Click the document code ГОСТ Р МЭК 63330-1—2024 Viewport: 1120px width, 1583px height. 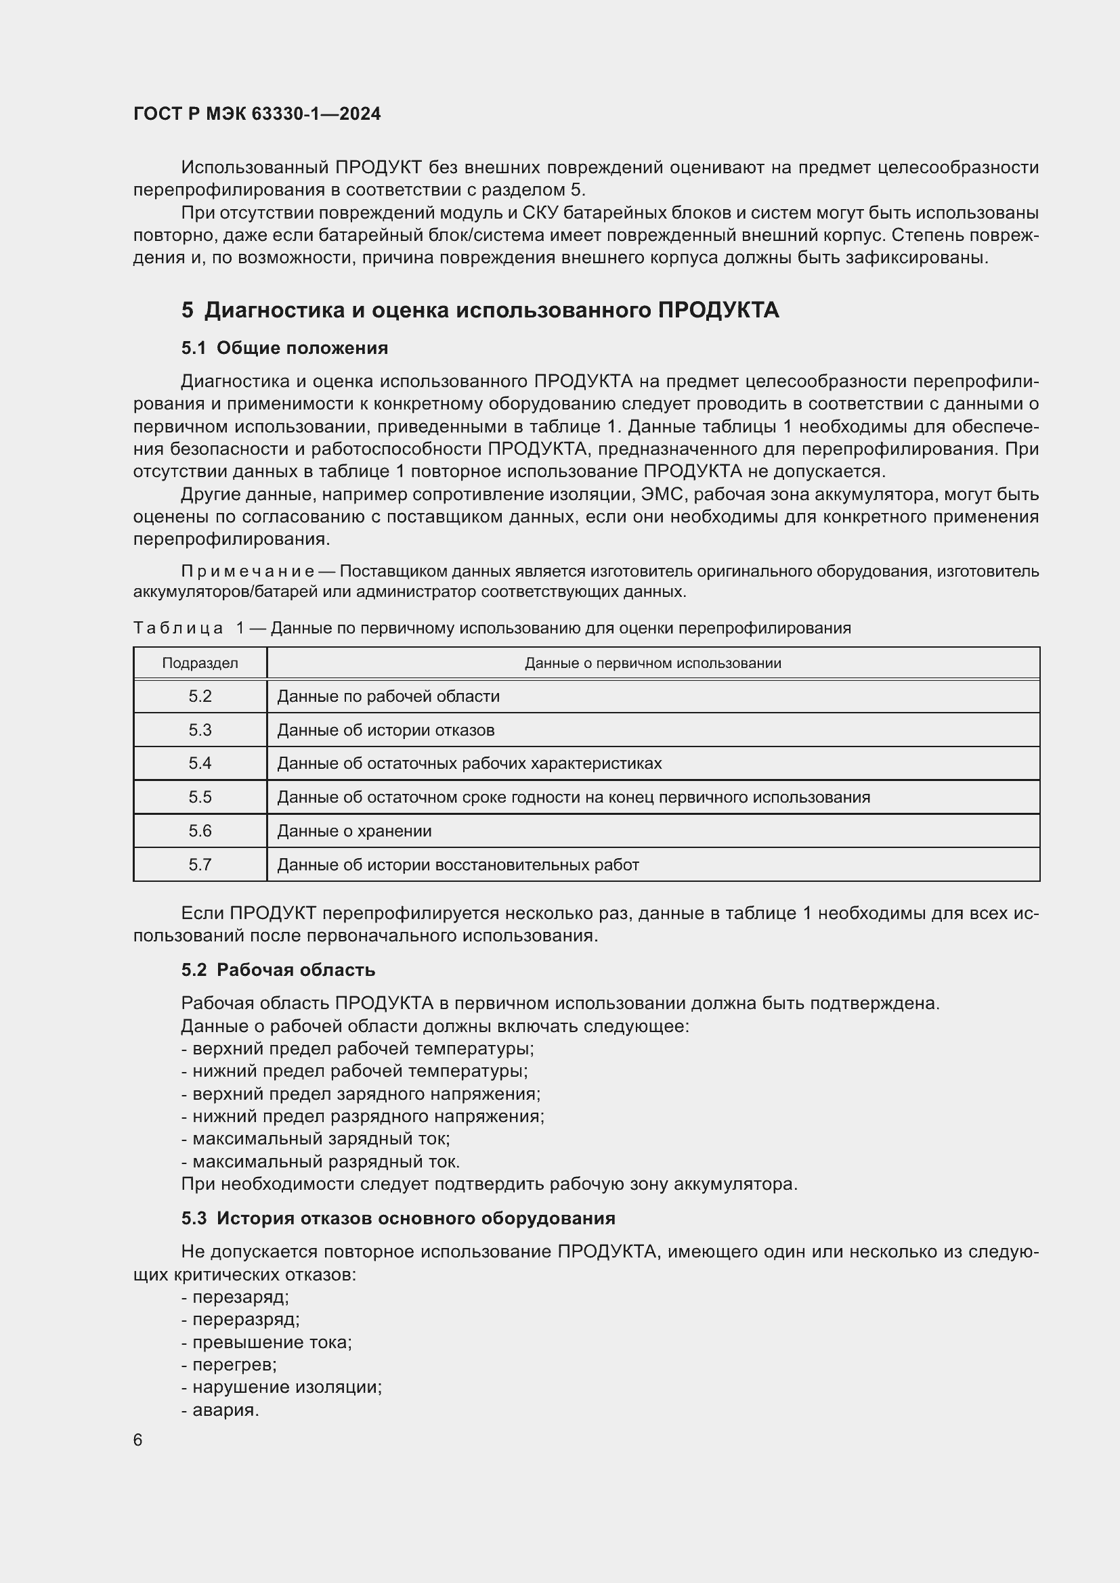pos(257,114)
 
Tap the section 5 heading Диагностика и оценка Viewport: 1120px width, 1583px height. pos(480,310)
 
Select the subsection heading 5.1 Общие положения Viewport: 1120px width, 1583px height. pos(284,348)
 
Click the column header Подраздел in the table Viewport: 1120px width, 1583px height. pos(200,663)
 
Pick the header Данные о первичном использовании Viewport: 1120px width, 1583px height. pos(652,663)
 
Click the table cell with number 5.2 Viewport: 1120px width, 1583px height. pos(200,696)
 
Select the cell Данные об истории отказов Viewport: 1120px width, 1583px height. pos(385,730)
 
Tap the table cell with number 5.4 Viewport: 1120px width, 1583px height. pos(200,763)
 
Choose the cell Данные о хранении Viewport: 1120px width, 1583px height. pos(353,831)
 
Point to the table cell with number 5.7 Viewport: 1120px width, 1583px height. pos(200,864)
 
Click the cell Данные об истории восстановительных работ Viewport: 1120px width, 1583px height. pos(458,864)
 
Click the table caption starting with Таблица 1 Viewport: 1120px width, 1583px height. pos(492,628)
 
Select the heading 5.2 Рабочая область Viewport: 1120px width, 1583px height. pos(278,970)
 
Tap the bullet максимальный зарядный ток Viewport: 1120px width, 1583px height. pos(316,1139)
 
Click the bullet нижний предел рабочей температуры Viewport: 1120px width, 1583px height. pos(354,1071)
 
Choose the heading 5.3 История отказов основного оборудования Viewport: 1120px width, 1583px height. pos(398,1218)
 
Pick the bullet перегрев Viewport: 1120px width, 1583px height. pos(229,1364)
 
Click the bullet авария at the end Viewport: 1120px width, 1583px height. pos(221,1410)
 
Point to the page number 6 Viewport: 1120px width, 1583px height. pos(138,1440)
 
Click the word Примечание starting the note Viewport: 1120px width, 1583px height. pos(248,572)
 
